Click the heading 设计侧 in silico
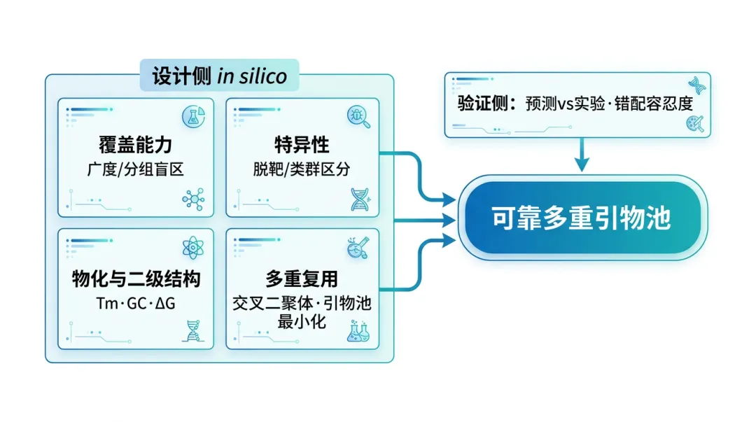pyautogui.click(x=220, y=75)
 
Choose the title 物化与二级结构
pyautogui.click(x=136, y=279)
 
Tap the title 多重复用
pyautogui.click(x=302, y=279)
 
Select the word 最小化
pyautogui.click(x=302, y=323)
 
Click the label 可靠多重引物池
pyautogui.click(x=581, y=218)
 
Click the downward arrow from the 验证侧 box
pyautogui.click(x=580, y=155)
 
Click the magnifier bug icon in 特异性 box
pyautogui.click(x=359, y=115)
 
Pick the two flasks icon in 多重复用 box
pyautogui.click(x=359, y=331)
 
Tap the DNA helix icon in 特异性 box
pyautogui.click(x=360, y=199)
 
